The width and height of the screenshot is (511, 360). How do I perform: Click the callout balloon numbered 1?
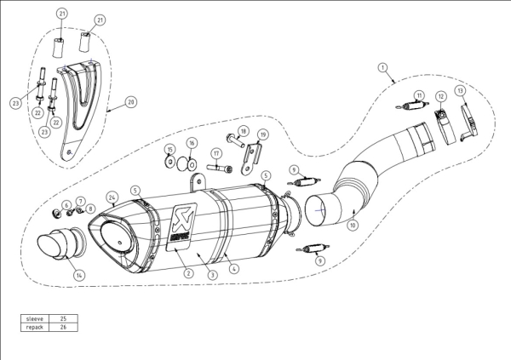pyautogui.click(x=383, y=68)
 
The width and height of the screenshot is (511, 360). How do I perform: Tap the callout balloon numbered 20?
pyautogui.click(x=131, y=102)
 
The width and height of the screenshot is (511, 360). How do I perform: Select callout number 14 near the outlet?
pyautogui.click(x=79, y=275)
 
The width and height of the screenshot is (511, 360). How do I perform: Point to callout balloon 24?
pyautogui.click(x=112, y=197)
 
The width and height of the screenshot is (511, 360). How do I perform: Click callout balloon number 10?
pyautogui.click(x=353, y=225)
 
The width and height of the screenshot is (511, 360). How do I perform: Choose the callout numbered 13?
pyautogui.click(x=460, y=90)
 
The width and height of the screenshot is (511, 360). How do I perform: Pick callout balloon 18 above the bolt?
pyautogui.click(x=243, y=131)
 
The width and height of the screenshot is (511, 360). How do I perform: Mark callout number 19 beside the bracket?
pyautogui.click(x=263, y=134)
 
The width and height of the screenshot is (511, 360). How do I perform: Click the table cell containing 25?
pyautogui.click(x=63, y=318)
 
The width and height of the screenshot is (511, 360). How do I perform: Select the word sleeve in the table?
pyautogui.click(x=35, y=318)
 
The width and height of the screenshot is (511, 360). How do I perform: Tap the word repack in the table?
pyautogui.click(x=35, y=327)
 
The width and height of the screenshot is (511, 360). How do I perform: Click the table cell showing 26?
pyautogui.click(x=63, y=327)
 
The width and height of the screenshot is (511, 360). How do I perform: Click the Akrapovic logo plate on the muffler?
pyautogui.click(x=181, y=227)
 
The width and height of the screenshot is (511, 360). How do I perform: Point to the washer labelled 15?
pyautogui.click(x=169, y=161)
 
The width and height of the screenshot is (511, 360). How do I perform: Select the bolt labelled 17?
pyautogui.click(x=220, y=169)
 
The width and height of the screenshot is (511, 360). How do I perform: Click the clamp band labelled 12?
pyautogui.click(x=445, y=127)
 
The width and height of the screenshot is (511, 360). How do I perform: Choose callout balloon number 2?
pyautogui.click(x=188, y=273)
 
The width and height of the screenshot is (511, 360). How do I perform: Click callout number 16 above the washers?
pyautogui.click(x=192, y=143)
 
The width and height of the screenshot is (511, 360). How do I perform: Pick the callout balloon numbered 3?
pyautogui.click(x=212, y=275)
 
